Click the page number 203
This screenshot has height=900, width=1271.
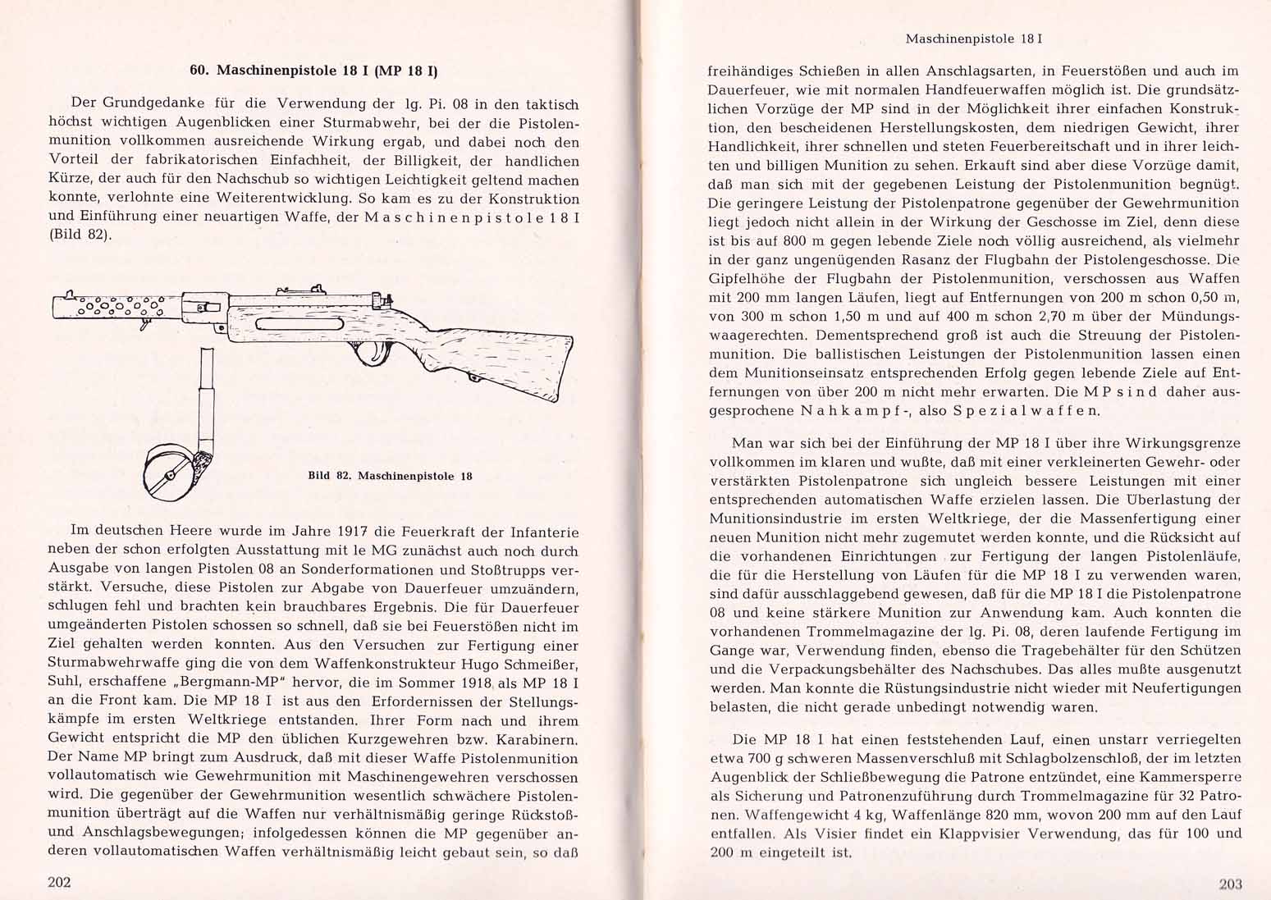click(x=1231, y=884)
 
